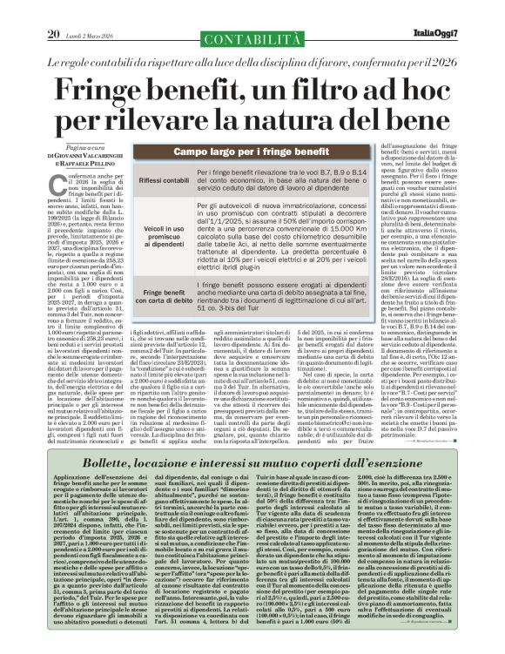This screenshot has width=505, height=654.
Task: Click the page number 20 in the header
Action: pyautogui.click(x=54, y=10)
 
